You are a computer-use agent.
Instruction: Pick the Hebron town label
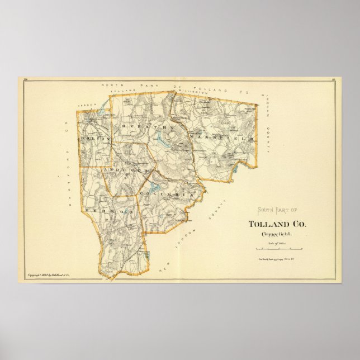(110, 211)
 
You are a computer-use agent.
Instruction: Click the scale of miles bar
(278, 248)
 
